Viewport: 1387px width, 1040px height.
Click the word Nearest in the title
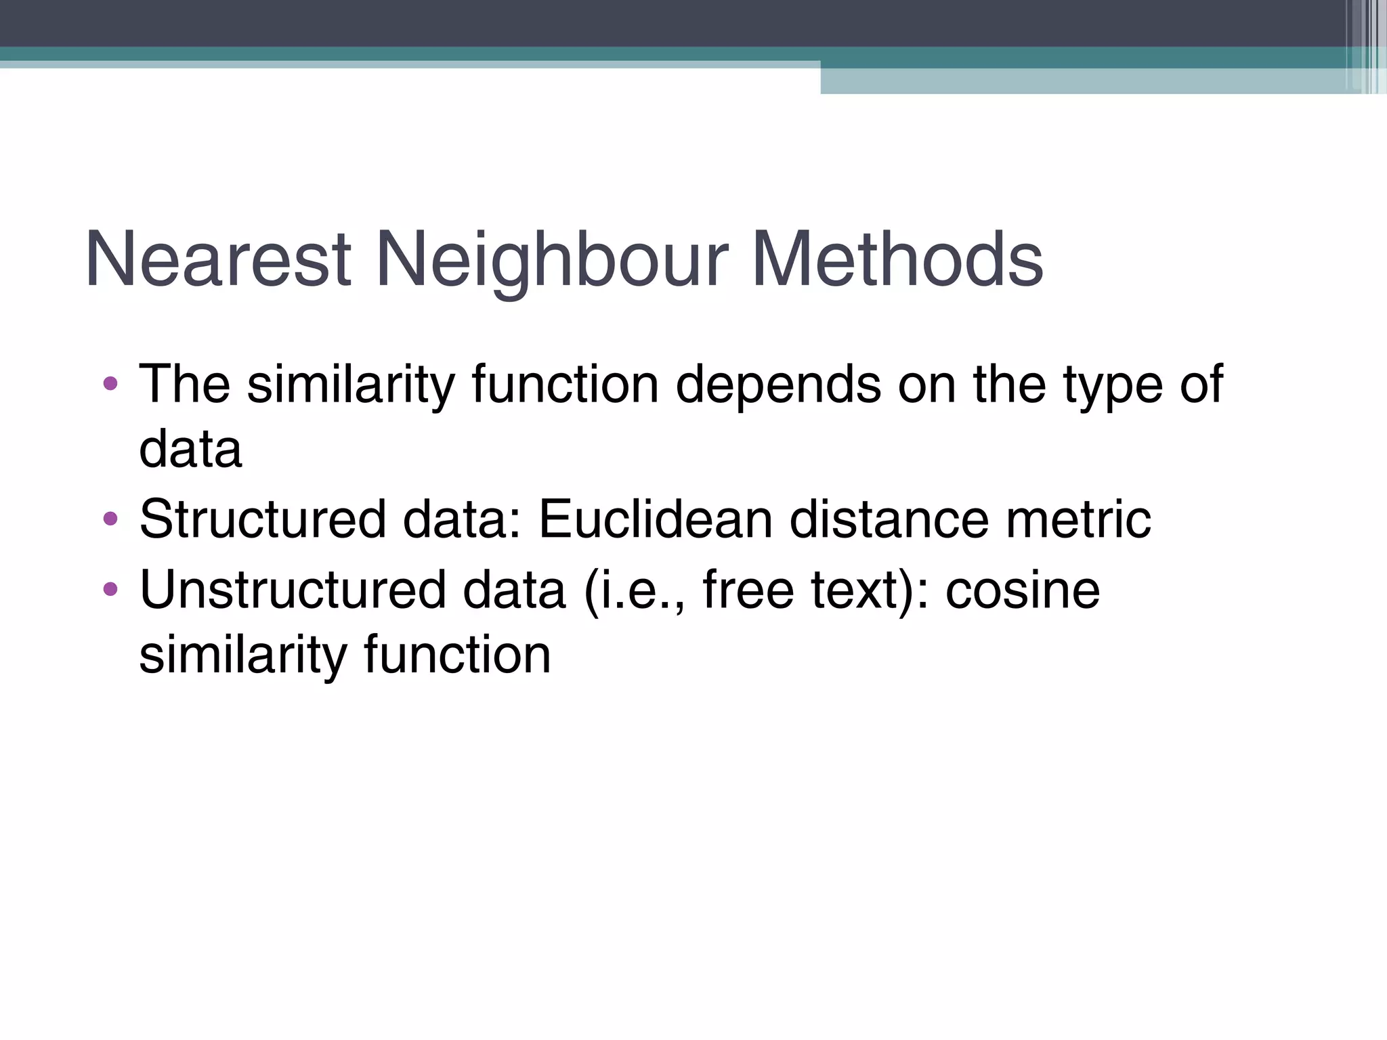[x=218, y=259]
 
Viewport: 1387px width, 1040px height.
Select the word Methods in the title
[x=897, y=259]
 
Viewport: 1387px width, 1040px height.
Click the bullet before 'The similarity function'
[x=110, y=385]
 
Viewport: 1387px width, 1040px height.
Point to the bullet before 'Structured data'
[x=110, y=519]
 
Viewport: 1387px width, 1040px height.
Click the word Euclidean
[x=655, y=519]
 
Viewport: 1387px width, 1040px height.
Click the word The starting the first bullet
[x=184, y=385]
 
